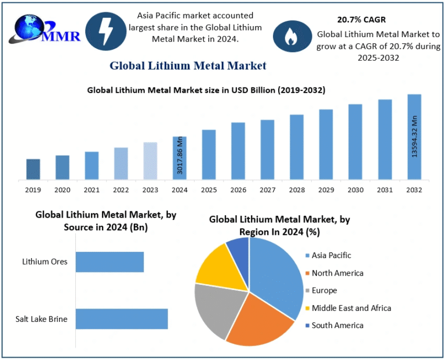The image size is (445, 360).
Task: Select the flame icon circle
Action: tap(292, 36)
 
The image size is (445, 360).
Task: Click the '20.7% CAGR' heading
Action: tap(361, 20)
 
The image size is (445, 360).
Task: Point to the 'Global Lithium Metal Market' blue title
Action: tap(188, 65)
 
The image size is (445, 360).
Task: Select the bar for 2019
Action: tap(34, 169)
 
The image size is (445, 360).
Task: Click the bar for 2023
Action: tap(150, 160)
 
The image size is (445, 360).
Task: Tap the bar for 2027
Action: tap(267, 149)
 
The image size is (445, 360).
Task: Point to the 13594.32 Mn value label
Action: tap(414, 137)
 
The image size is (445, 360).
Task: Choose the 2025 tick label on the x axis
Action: tap(209, 189)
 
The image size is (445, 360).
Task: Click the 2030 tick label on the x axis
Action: tap(355, 189)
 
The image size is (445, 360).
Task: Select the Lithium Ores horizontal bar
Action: tap(110, 262)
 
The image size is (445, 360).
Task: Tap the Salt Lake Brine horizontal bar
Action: tap(122, 319)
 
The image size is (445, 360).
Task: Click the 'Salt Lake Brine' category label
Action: tap(41, 319)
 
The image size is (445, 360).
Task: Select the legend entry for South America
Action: tap(337, 325)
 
